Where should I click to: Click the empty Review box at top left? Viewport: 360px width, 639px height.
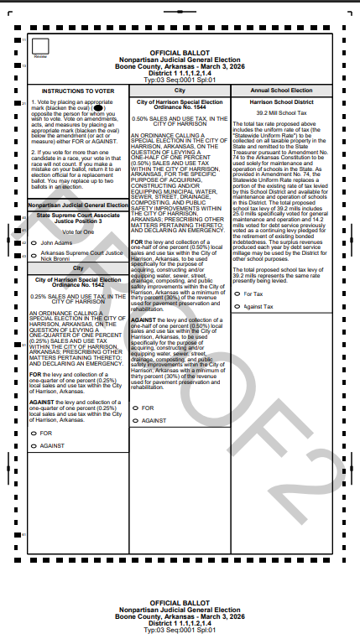click(39, 47)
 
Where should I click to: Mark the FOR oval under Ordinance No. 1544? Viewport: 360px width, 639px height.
click(136, 408)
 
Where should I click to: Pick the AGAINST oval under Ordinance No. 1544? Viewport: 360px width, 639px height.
click(136, 420)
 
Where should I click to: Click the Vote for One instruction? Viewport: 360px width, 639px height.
click(77, 231)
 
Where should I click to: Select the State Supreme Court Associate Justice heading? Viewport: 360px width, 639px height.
click(77, 218)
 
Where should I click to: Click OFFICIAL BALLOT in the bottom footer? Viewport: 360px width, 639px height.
click(180, 603)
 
